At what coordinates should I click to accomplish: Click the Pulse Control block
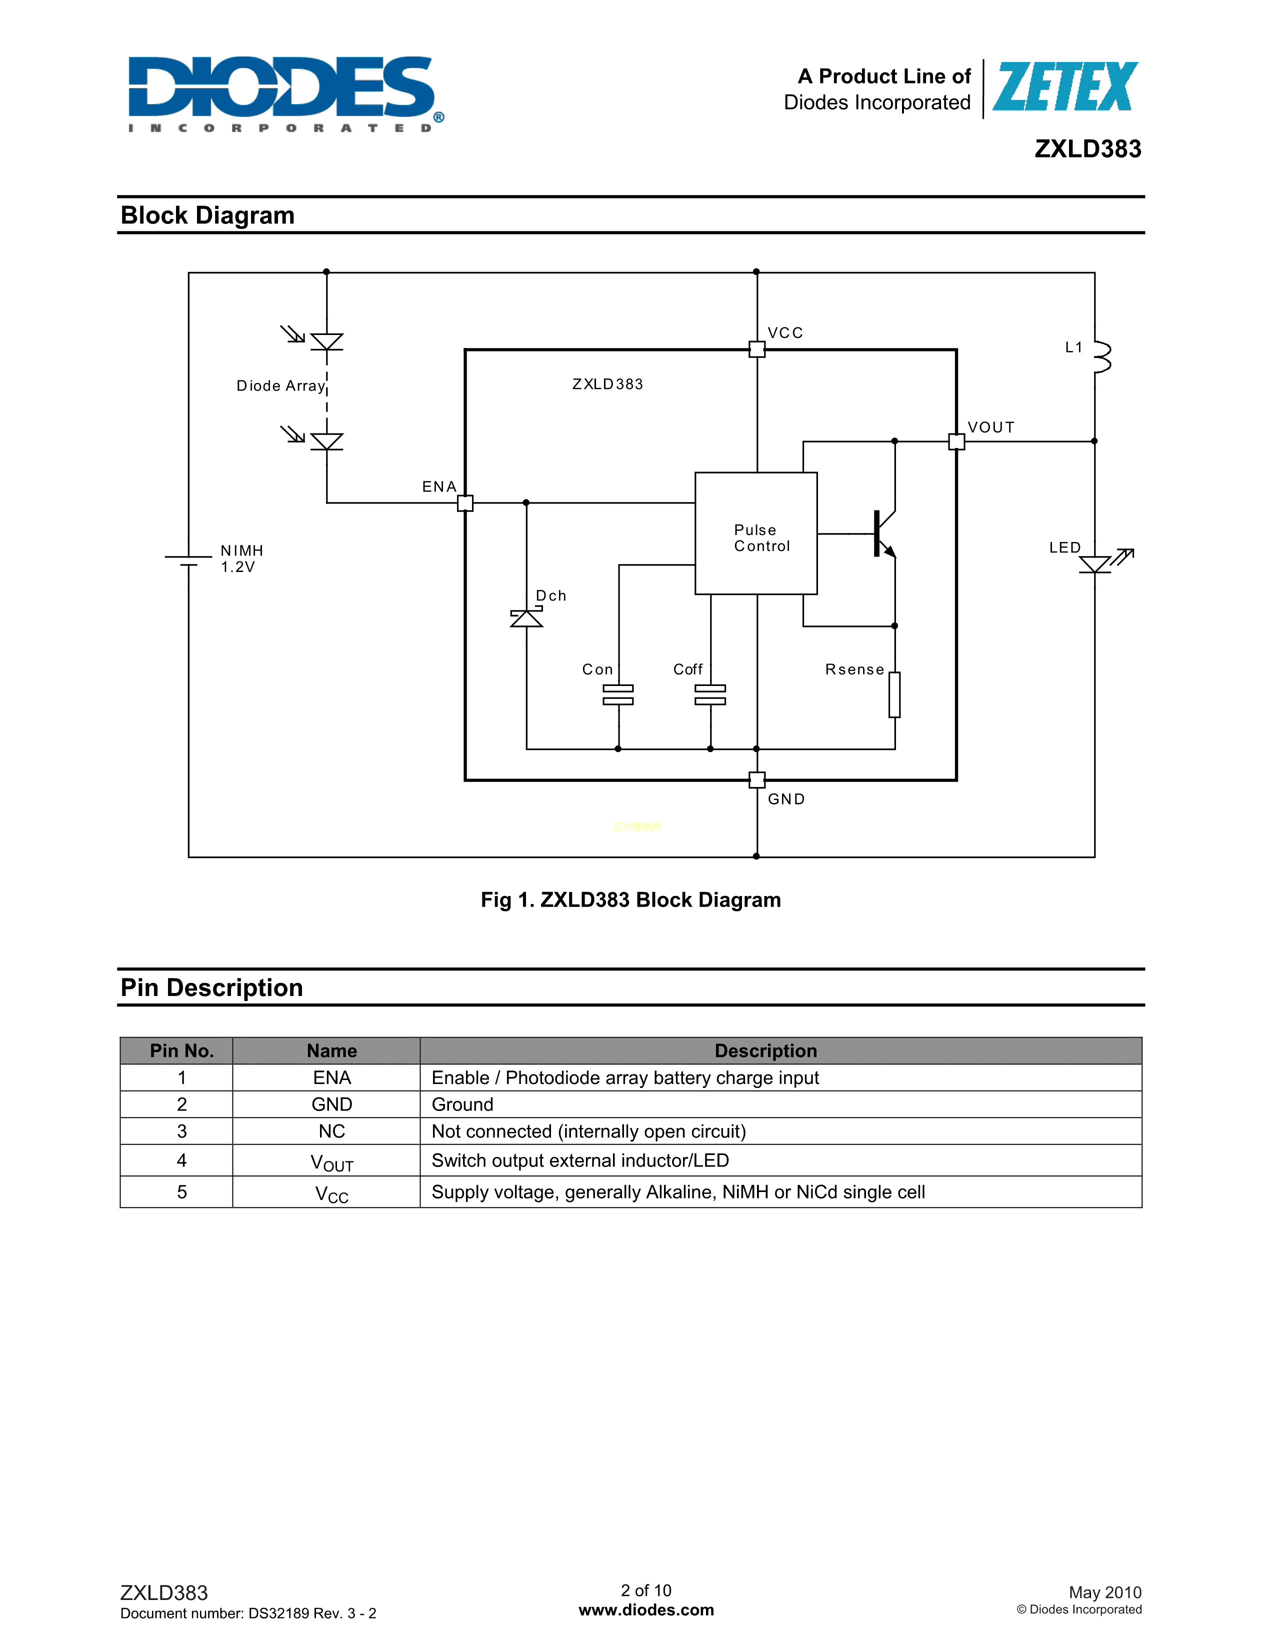[756, 533]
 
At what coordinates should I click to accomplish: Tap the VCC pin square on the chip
[757, 349]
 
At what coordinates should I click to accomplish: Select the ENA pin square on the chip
[465, 503]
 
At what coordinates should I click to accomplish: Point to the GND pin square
[757, 779]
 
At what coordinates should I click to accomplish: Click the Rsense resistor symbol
[894, 694]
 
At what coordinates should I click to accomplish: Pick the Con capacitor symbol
[618, 695]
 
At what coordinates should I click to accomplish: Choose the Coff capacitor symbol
[710, 695]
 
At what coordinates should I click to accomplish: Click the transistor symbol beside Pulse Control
[882, 533]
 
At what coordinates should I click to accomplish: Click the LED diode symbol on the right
[1095, 563]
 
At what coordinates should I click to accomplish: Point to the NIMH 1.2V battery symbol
[188, 560]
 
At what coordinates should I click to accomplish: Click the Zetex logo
[1065, 87]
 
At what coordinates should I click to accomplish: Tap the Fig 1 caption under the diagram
[630, 900]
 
